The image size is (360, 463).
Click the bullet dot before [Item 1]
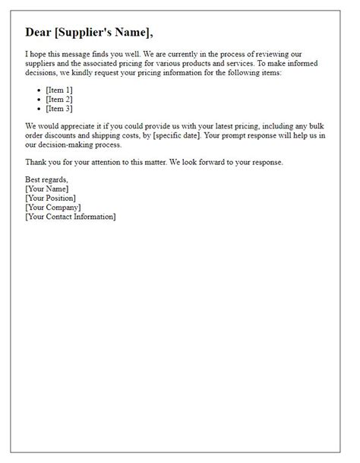[x=39, y=90]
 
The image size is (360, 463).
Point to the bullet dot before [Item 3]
[x=39, y=109]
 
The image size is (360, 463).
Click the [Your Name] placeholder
[x=47, y=189]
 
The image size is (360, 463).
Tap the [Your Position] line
[x=51, y=198]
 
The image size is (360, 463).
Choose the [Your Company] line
[x=53, y=208]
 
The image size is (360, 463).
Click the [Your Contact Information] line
[x=71, y=217]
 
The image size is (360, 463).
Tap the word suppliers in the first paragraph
[x=42, y=64]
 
